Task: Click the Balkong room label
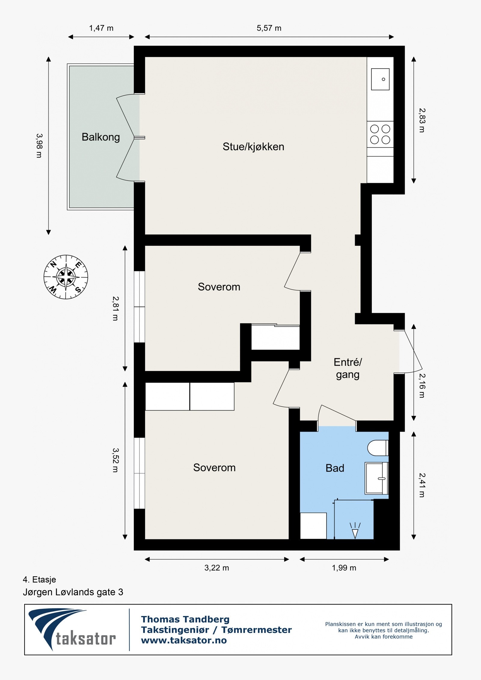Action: (101, 137)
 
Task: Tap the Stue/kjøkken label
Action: (253, 147)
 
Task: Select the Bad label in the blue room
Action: (335, 468)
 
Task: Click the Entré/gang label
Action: (348, 368)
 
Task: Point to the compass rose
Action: (66, 277)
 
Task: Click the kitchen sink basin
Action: (380, 79)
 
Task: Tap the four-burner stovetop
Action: (380, 134)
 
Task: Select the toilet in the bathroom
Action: (378, 448)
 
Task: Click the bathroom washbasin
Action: (376, 478)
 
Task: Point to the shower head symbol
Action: (355, 531)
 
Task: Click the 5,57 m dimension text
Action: (269, 28)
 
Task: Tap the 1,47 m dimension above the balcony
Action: (101, 28)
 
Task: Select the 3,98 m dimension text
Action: (39, 146)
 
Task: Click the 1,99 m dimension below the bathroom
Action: (344, 568)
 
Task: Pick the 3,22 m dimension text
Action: (216, 568)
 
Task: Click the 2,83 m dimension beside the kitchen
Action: (422, 120)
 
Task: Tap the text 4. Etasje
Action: (39, 579)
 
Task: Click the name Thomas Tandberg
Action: (185, 619)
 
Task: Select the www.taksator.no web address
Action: (184, 640)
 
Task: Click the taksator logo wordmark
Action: (86, 639)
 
